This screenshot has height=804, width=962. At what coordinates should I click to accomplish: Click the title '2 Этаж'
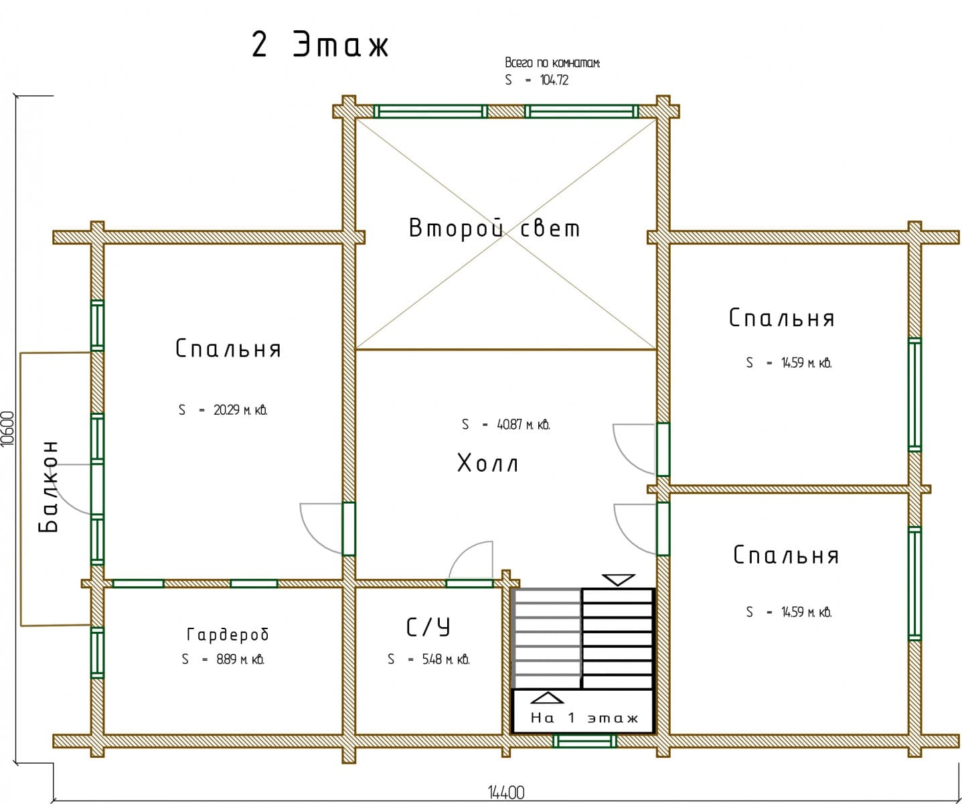pyautogui.click(x=320, y=45)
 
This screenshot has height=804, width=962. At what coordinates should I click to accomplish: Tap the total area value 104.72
pyautogui.click(x=554, y=80)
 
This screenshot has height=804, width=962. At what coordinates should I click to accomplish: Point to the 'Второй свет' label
pyautogui.click(x=494, y=228)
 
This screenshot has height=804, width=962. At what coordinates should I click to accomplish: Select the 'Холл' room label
pyautogui.click(x=487, y=463)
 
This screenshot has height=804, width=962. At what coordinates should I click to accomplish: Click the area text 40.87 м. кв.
pyautogui.click(x=524, y=424)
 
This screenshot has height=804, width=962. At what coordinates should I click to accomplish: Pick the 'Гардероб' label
pyautogui.click(x=228, y=634)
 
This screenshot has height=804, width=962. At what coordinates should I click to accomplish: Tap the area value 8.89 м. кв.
pyautogui.click(x=240, y=659)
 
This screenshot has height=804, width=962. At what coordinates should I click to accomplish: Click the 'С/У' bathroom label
pyautogui.click(x=428, y=627)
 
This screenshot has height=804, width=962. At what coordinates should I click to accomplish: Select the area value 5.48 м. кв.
pyautogui.click(x=446, y=659)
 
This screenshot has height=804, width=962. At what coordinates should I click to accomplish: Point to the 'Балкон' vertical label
pyautogui.click(x=48, y=486)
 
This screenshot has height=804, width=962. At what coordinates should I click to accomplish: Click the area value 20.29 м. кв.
pyautogui.click(x=240, y=409)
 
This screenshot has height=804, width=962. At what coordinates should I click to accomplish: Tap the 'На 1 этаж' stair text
pyautogui.click(x=584, y=718)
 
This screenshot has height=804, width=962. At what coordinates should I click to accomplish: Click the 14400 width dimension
pyautogui.click(x=506, y=793)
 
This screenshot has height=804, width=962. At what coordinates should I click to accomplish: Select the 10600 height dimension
pyautogui.click(x=8, y=428)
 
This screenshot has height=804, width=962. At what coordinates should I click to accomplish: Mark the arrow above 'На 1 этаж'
pyautogui.click(x=547, y=697)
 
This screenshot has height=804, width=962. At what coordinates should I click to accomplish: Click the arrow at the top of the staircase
pyautogui.click(x=618, y=580)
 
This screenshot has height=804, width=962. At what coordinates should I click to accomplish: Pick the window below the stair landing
pyautogui.click(x=584, y=741)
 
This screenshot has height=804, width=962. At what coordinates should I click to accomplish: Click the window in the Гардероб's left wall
pyautogui.click(x=97, y=653)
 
